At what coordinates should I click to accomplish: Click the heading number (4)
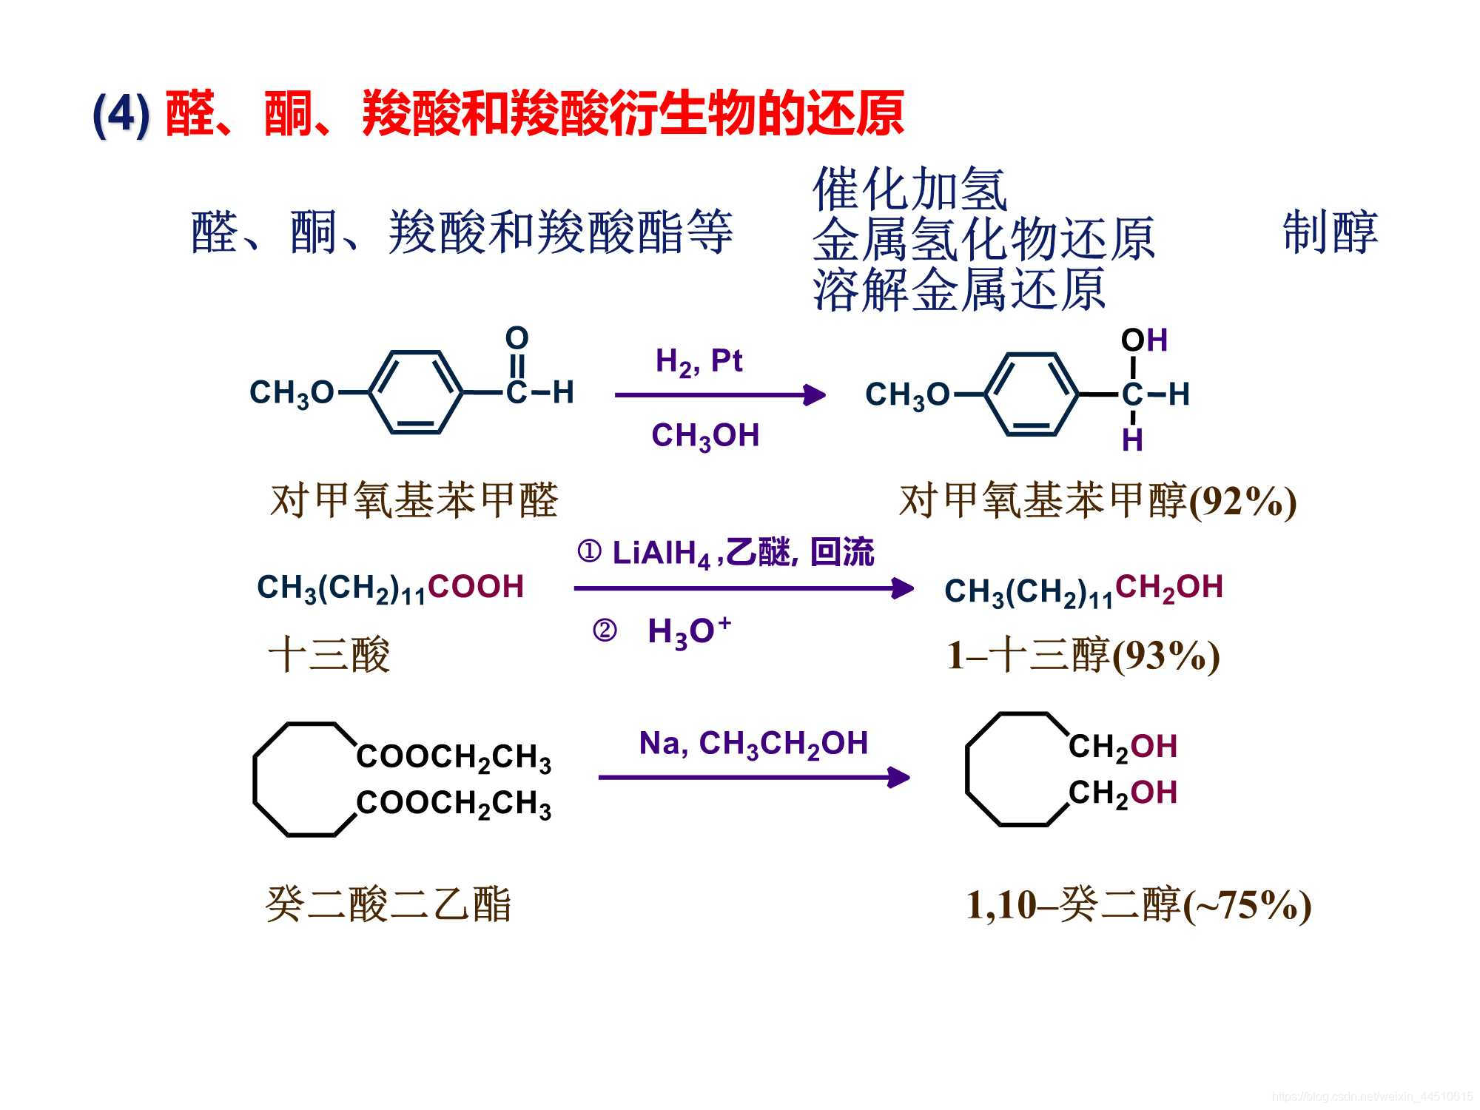[x=121, y=115]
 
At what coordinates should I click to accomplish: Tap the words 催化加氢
[x=909, y=189]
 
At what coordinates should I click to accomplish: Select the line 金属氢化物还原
[x=983, y=239]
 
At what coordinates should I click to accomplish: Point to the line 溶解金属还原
[x=959, y=289]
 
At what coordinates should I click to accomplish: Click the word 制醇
[x=1330, y=232]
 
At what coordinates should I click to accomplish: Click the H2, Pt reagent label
[x=699, y=362]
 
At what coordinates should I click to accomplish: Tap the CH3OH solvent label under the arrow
[x=705, y=436]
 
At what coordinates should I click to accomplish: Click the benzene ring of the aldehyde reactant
[x=416, y=392]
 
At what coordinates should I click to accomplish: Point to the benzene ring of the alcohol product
[x=1032, y=394]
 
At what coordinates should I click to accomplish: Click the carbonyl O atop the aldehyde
[x=517, y=338]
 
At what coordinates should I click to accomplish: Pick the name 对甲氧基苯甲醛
[x=414, y=500]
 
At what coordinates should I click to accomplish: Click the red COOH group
[x=475, y=587]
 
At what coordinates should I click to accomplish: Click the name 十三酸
[x=329, y=655]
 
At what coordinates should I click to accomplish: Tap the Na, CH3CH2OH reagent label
[x=753, y=744]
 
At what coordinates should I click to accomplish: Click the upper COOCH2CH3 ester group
[x=454, y=757]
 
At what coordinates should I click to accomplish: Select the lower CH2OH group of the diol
[x=1123, y=793]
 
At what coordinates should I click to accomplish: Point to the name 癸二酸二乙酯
[x=388, y=904]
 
